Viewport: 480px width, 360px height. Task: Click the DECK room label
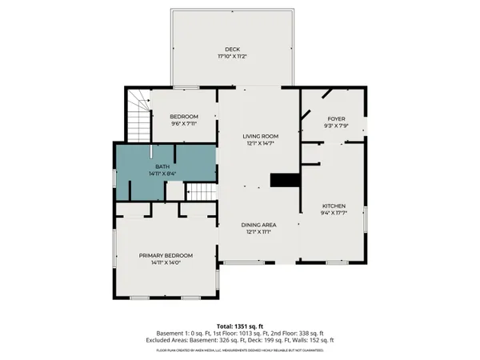(x=231, y=49)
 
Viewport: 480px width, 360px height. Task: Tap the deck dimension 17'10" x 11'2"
(x=231, y=57)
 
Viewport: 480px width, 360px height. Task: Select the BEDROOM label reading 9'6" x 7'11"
(x=183, y=117)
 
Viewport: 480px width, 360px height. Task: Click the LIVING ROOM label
(x=260, y=135)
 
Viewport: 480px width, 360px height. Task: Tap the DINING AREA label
(x=259, y=225)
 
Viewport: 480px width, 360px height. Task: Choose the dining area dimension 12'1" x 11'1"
(x=259, y=233)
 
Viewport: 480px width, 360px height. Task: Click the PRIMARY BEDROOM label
(x=166, y=255)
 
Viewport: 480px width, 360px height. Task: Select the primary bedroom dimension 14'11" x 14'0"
(x=166, y=263)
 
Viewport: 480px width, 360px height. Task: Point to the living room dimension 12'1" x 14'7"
(x=260, y=143)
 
